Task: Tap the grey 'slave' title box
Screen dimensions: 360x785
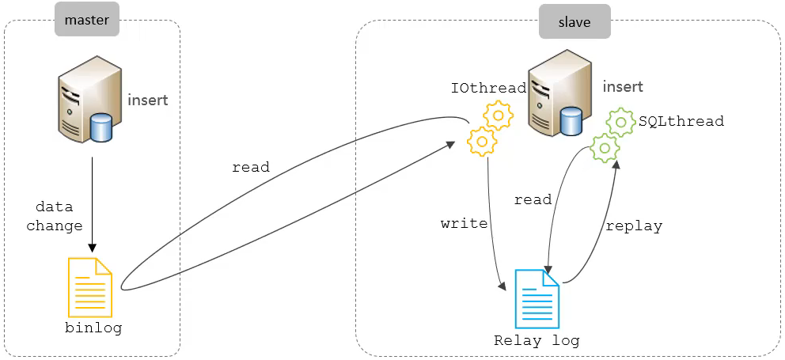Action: pyautogui.click(x=575, y=22)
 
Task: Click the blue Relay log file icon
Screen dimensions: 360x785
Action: pyautogui.click(x=537, y=298)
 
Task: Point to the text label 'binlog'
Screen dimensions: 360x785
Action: pyautogui.click(x=93, y=328)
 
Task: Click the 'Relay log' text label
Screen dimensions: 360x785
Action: pyautogui.click(x=537, y=341)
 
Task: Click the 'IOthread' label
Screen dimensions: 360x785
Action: pyautogui.click(x=488, y=88)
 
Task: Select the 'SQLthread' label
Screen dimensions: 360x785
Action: pyautogui.click(x=681, y=121)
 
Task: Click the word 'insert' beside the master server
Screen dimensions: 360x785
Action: pyautogui.click(x=148, y=100)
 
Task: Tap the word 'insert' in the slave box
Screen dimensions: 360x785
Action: pyautogui.click(x=623, y=87)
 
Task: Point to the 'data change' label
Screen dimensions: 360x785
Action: pyautogui.click(x=55, y=217)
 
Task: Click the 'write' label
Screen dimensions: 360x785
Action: pyautogui.click(x=464, y=223)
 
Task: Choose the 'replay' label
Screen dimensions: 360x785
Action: pyautogui.click(x=634, y=225)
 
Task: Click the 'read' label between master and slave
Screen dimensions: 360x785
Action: pyautogui.click(x=250, y=167)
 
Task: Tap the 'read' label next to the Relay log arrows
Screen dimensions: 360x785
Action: pyautogui.click(x=533, y=199)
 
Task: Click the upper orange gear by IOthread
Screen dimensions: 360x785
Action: pyautogui.click(x=499, y=116)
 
